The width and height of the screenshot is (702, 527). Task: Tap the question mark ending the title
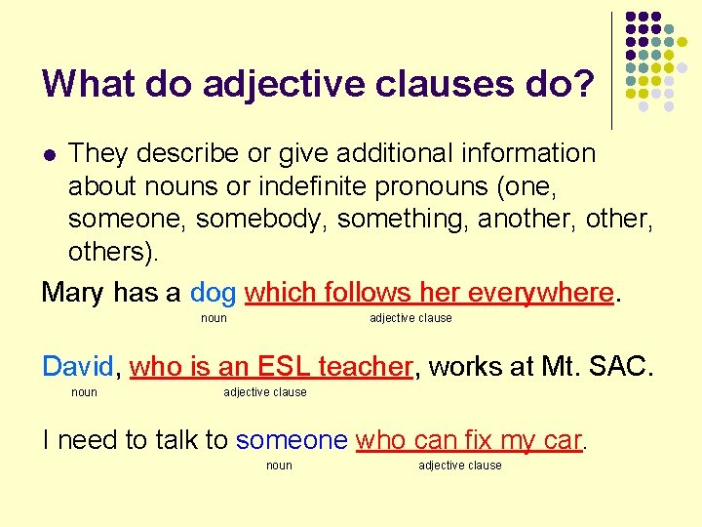583,84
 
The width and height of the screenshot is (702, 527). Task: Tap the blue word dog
213,292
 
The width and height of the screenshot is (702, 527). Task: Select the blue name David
78,366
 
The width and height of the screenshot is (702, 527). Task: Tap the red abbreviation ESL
284,366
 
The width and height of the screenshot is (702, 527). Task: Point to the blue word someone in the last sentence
291,440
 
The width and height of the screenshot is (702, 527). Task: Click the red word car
564,440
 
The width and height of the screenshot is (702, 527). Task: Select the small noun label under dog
214,318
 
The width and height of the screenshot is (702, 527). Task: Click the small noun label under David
85,392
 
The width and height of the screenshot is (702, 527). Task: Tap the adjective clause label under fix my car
460,466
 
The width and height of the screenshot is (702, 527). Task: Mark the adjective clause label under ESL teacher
265,392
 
